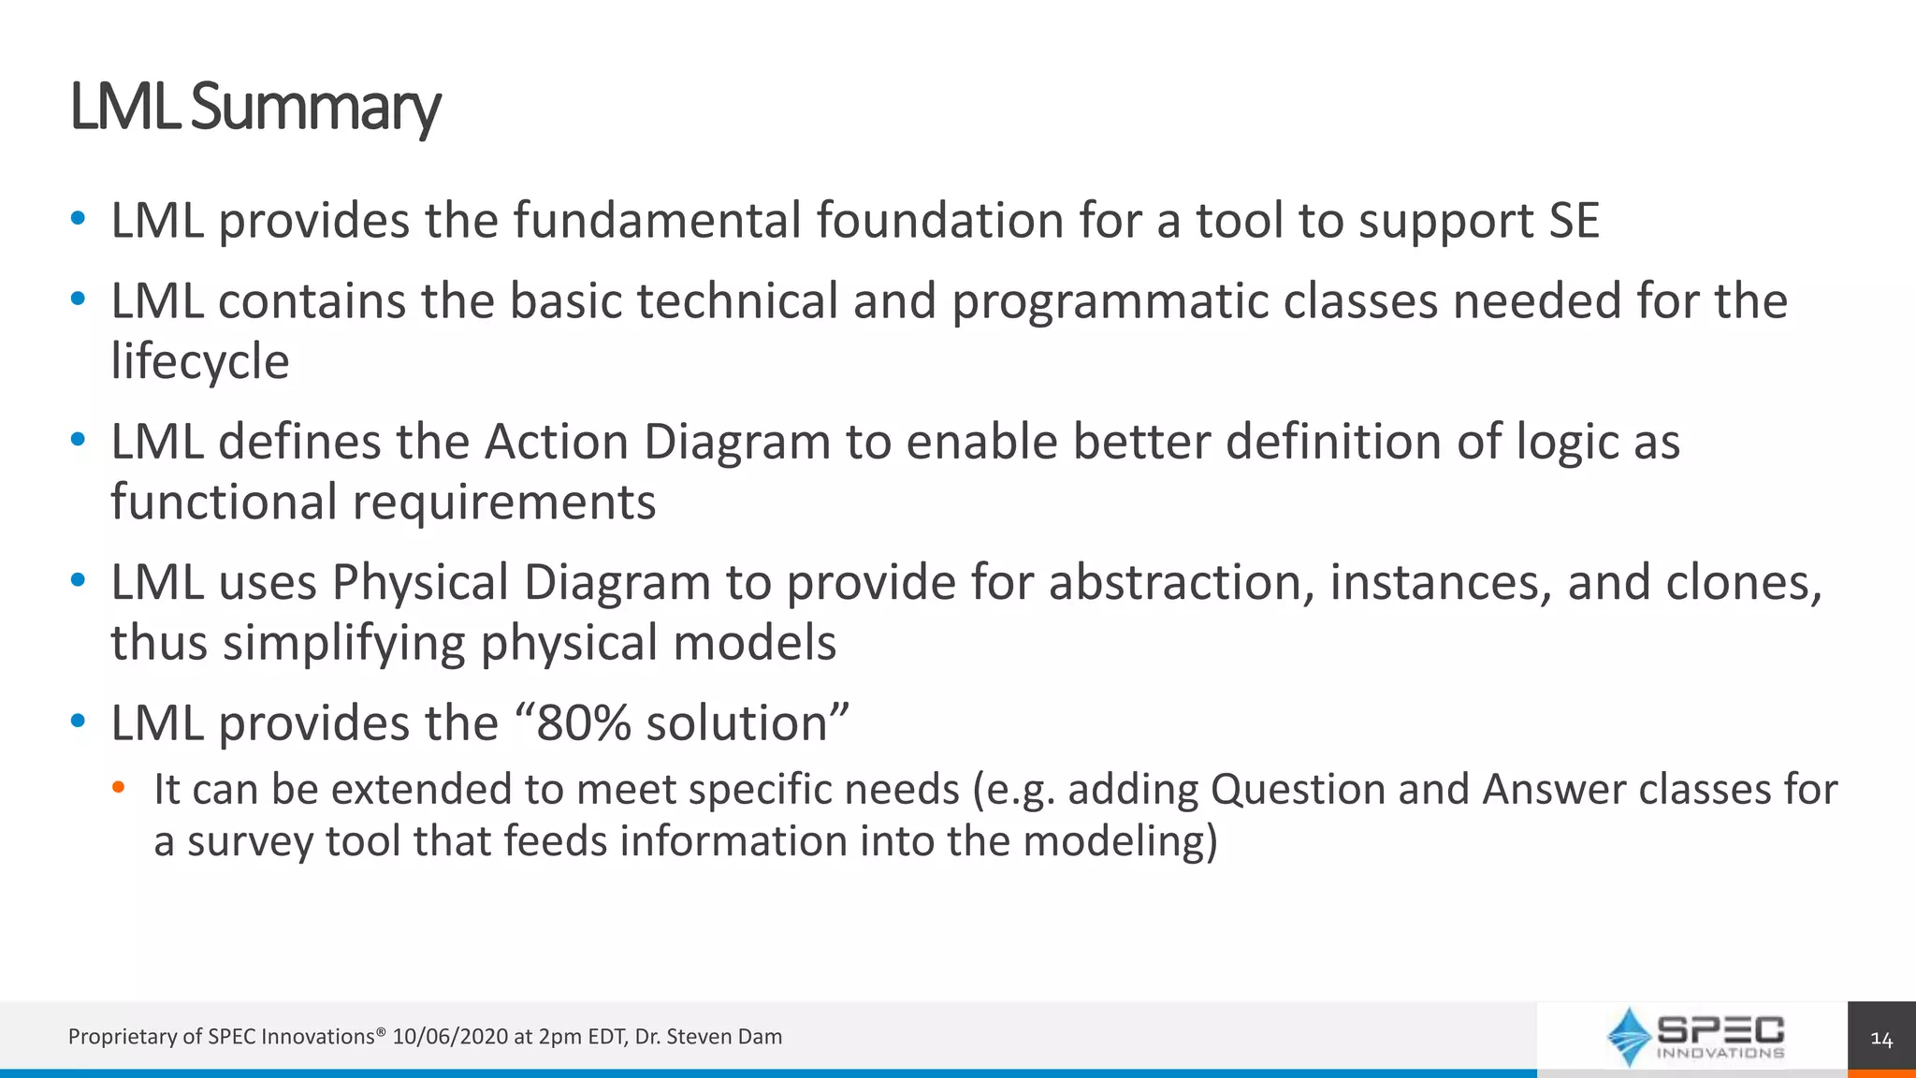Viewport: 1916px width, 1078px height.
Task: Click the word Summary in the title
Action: coord(315,108)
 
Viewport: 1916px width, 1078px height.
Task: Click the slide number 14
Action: coord(1880,1039)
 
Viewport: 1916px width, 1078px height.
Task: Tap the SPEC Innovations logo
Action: coord(1694,1037)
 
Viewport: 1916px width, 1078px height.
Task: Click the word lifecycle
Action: coord(200,361)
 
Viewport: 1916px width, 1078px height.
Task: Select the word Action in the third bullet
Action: coord(556,442)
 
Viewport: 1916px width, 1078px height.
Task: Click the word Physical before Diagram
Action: coord(419,582)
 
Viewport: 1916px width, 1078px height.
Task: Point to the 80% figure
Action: coord(583,723)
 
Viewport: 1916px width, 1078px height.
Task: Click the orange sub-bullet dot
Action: coord(118,788)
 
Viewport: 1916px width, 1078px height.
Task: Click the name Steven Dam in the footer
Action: coord(723,1037)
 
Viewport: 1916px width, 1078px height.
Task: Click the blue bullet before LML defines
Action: coord(79,440)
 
